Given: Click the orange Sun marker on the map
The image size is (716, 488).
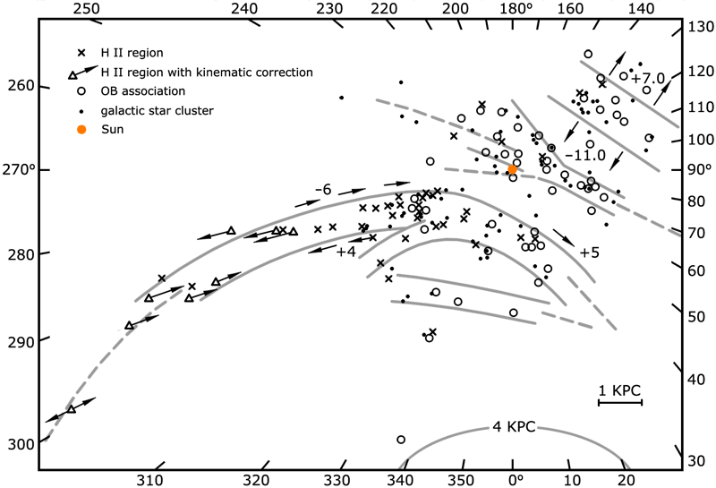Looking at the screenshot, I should tap(512, 170).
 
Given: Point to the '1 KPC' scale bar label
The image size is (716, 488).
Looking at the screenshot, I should tap(620, 390).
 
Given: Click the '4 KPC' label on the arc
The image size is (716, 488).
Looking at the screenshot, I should tap(514, 427).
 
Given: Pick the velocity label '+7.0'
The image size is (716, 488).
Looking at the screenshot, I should tap(648, 79).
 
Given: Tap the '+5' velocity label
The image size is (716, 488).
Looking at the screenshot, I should tap(589, 253).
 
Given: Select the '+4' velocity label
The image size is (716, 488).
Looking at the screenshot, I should tap(346, 253).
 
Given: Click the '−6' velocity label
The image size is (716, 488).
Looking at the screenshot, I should tap(324, 190).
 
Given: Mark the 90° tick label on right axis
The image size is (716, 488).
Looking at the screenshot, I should tap(699, 170).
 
